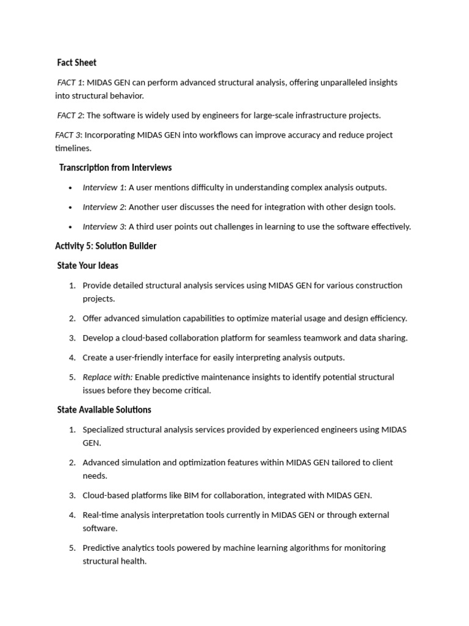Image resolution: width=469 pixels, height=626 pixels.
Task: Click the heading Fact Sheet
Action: click(x=76, y=62)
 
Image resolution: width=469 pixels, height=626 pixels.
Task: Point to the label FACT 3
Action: click(x=68, y=135)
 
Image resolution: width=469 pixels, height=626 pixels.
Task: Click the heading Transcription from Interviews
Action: click(x=115, y=168)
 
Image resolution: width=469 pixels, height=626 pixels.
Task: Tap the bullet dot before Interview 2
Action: click(x=71, y=207)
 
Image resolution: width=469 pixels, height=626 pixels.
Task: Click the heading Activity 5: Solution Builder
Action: click(x=106, y=246)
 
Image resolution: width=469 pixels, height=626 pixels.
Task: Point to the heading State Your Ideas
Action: click(x=87, y=266)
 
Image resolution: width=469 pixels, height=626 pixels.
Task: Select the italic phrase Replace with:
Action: click(x=107, y=377)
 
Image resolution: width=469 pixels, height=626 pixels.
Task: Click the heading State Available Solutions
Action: click(x=104, y=410)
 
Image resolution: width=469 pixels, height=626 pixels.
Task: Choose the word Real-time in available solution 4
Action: click(x=101, y=515)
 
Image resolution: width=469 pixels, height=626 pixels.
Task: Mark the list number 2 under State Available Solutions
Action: click(x=71, y=463)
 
